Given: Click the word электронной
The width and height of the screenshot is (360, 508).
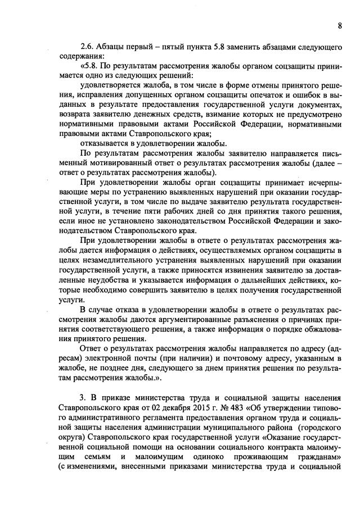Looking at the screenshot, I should click(112, 357).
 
